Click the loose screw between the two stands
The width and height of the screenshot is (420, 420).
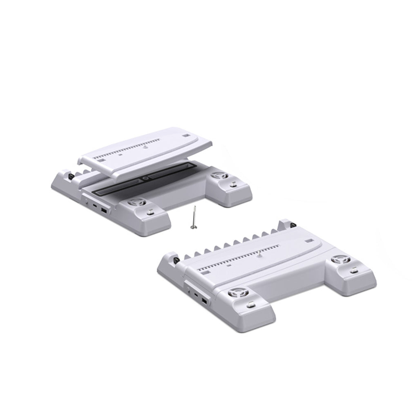point(194,219)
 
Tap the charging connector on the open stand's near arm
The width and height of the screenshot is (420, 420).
point(150,212)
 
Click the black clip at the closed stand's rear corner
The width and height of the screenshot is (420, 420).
point(293,224)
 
